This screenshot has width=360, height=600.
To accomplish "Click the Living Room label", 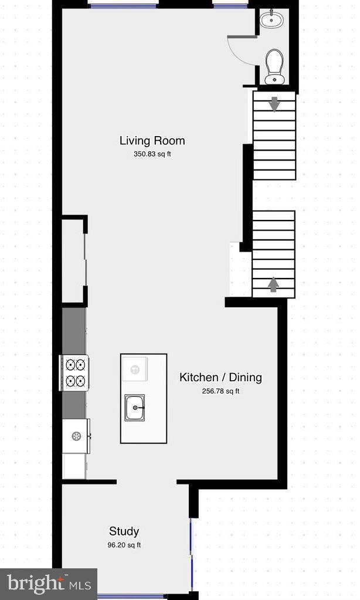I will (152, 141).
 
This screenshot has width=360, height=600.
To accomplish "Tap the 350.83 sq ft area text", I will (152, 155).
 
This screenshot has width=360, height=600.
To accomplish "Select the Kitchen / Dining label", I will (220, 377).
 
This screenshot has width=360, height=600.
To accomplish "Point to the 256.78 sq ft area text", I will (220, 391).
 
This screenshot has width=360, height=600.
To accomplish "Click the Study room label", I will (124, 531).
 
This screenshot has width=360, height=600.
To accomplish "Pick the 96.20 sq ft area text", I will (124, 545).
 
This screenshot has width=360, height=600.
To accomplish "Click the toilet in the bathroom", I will (274, 66).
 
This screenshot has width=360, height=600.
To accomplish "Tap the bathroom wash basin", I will (271, 20).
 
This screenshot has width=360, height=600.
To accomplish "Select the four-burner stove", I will (74, 373).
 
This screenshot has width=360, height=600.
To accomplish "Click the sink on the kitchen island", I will (135, 406).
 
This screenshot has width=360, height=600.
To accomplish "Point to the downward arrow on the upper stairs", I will (274, 104).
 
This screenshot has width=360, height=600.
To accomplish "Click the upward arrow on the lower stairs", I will (273, 284).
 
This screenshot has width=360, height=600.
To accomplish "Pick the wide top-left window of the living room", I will (123, 5).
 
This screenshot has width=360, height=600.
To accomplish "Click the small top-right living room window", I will (230, 5).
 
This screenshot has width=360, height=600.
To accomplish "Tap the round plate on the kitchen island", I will (135, 369).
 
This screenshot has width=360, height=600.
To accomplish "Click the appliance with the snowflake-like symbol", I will (76, 436).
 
